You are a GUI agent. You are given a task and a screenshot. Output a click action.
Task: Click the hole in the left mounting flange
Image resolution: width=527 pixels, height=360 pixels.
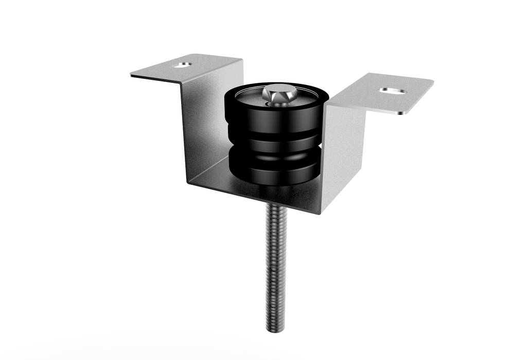click(182, 65)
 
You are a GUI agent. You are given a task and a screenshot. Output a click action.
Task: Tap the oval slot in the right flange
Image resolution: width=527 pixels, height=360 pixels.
click(393, 91)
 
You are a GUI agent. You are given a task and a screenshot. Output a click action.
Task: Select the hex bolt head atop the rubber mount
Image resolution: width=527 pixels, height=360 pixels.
click(278, 94)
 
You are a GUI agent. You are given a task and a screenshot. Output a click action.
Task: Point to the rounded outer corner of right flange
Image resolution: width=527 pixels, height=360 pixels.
click(407, 110)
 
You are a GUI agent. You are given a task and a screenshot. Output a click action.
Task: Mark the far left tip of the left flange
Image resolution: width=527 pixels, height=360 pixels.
click(132, 76)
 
